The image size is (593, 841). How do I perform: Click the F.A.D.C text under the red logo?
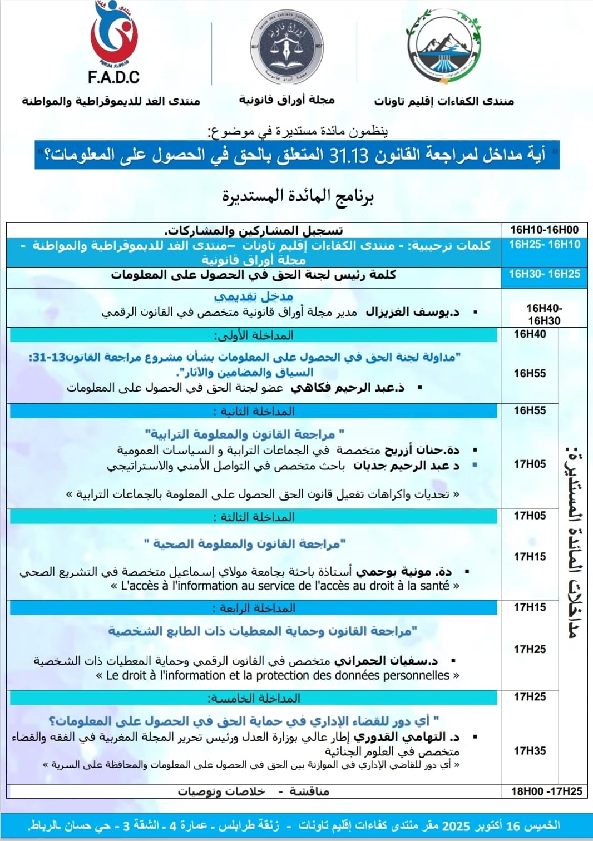click(113, 77)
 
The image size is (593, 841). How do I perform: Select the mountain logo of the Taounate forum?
click(444, 47)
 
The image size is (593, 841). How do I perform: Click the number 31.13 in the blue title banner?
click(349, 155)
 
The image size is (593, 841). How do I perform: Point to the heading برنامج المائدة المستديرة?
click(298, 196)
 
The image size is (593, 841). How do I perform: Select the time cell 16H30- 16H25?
click(544, 274)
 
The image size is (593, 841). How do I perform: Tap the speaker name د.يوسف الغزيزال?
click(412, 312)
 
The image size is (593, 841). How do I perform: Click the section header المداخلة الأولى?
click(254, 335)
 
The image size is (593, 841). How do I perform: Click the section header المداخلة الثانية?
click(254, 412)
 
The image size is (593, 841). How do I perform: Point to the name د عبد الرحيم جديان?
click(407, 466)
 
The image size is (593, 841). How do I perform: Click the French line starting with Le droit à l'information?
click(278, 675)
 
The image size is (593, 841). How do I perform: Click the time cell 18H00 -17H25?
click(546, 791)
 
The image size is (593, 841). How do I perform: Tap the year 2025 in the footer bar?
click(456, 825)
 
